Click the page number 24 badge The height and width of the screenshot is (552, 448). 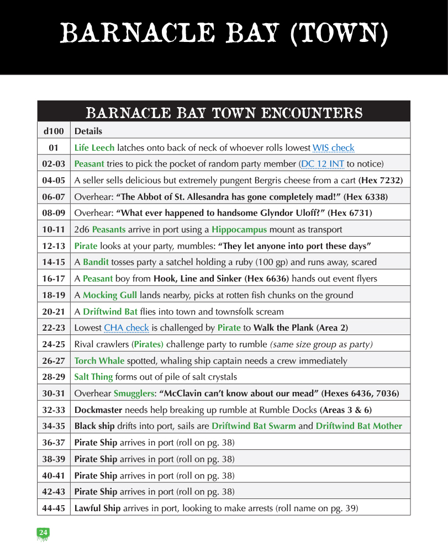coord(43,532)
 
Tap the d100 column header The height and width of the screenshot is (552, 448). coord(54,131)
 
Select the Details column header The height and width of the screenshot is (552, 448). coord(88,131)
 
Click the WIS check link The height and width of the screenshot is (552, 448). coord(333,148)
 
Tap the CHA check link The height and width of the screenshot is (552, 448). coord(127,328)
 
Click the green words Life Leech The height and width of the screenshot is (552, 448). coord(94,148)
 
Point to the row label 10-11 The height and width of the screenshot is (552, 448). coord(54,230)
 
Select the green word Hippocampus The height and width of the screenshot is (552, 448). coord(239,230)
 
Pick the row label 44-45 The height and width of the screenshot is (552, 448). coord(54,508)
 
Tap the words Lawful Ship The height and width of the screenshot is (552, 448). coord(97,508)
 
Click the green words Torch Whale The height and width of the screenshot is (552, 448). coord(99,361)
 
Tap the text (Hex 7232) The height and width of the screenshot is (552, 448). coord(381,181)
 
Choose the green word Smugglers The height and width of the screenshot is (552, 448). coord(135,394)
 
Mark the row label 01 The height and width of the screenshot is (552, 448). coord(54,148)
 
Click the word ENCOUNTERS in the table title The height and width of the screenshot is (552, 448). coord(312,114)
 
